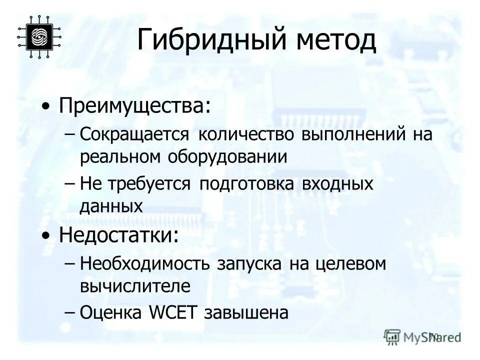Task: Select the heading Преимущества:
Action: click(134, 106)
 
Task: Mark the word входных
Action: click(338, 183)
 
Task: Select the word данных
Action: click(111, 205)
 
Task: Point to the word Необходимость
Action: click(145, 263)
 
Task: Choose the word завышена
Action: click(246, 312)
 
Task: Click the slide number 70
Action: click(433, 336)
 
